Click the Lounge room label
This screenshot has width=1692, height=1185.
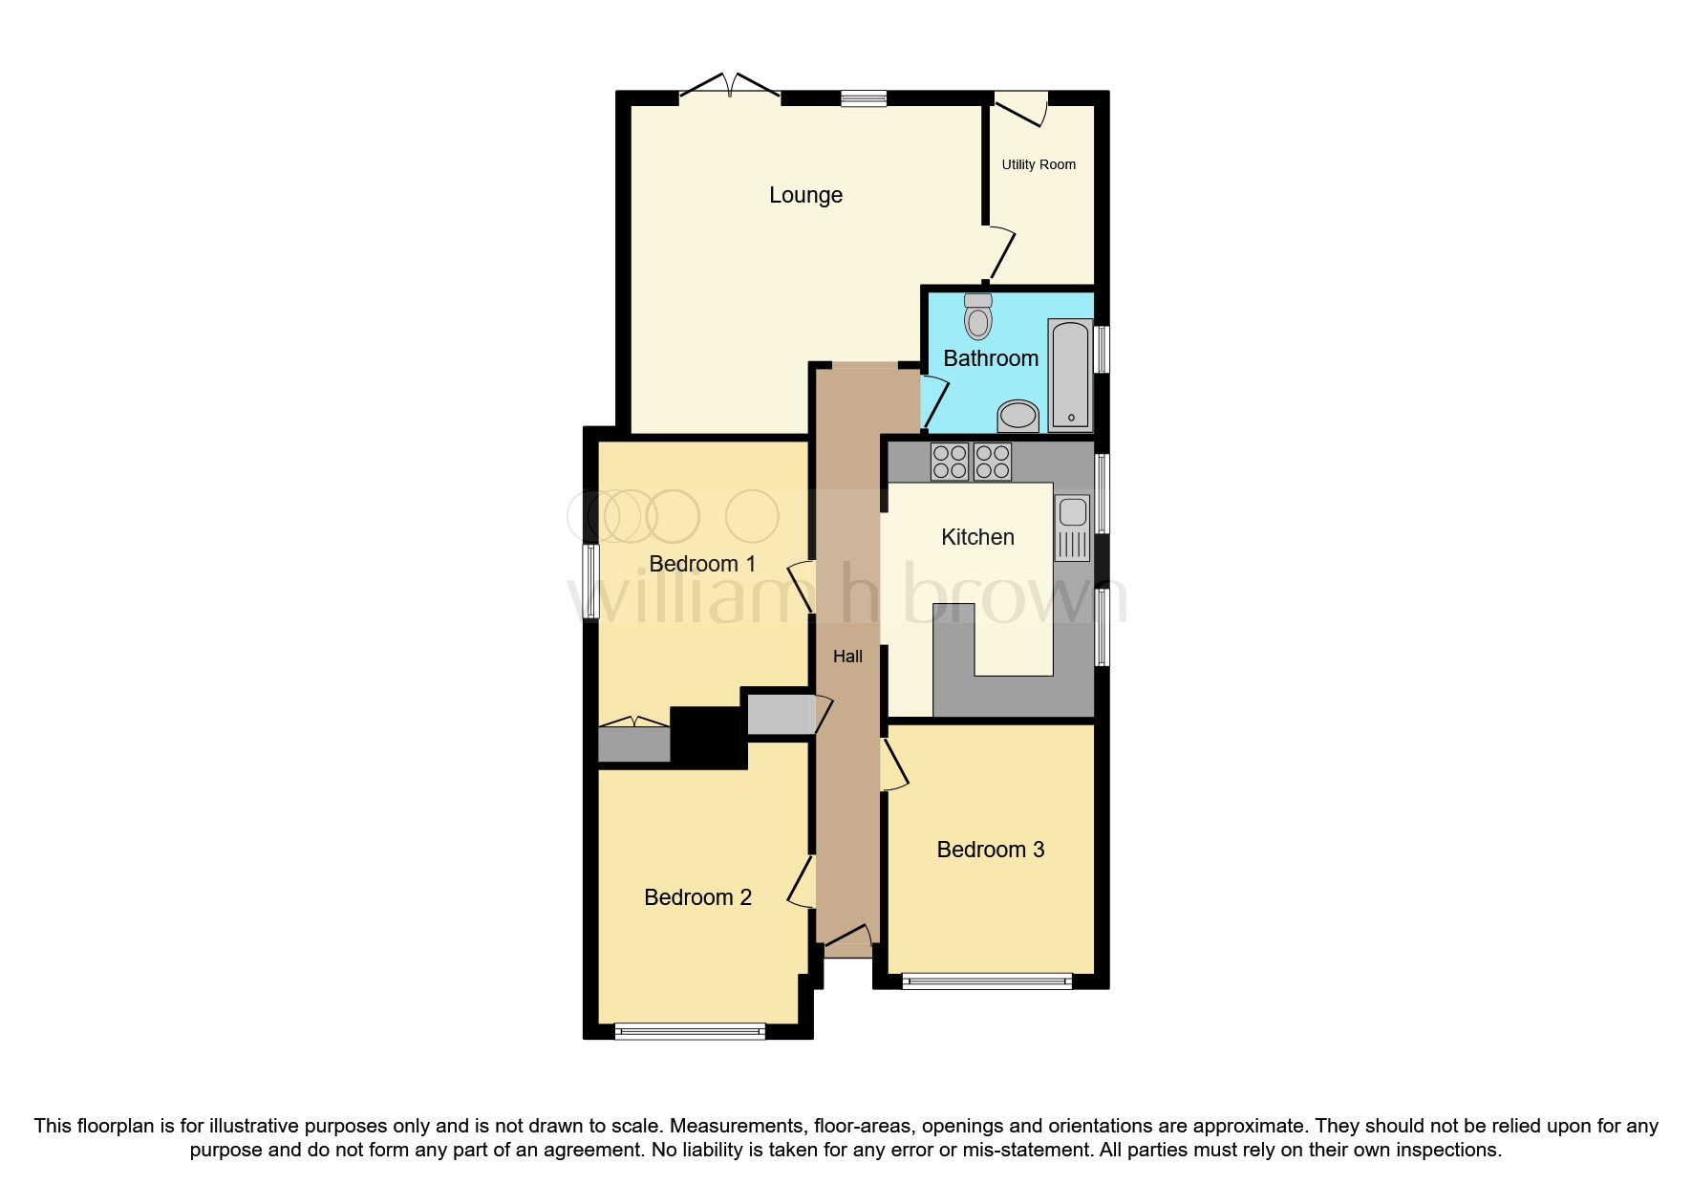(805, 195)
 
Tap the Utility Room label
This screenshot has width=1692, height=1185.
(1039, 164)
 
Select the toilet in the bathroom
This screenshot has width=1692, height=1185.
(978, 317)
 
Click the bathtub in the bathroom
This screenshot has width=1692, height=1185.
(1070, 375)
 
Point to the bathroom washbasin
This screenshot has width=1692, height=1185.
(1018, 416)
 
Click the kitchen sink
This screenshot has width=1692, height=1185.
(1072, 528)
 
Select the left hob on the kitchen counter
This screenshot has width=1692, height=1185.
(949, 462)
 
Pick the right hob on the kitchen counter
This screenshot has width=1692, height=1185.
(993, 462)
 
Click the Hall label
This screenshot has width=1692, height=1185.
(847, 657)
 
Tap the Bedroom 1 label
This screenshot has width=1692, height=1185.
(702, 564)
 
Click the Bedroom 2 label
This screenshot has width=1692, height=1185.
(697, 897)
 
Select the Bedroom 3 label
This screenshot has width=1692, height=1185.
(990, 850)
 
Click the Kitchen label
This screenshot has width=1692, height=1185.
(977, 537)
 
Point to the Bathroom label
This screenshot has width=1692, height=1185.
(991, 358)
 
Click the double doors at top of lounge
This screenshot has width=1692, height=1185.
(730, 89)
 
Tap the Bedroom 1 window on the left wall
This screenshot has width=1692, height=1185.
(590, 581)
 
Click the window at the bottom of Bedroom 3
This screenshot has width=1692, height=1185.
(987, 980)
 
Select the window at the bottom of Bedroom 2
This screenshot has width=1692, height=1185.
(690, 1031)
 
